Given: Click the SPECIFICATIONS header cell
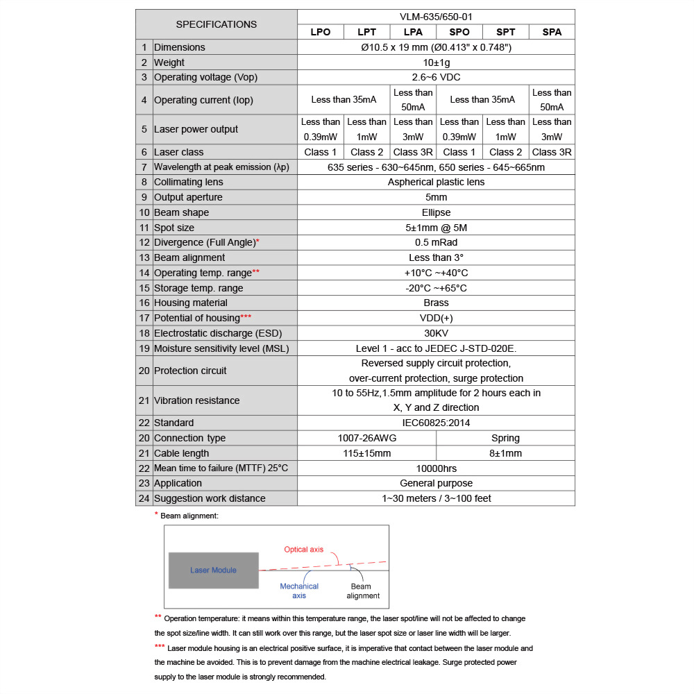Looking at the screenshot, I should pyautogui.click(x=216, y=24).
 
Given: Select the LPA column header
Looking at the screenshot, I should pyautogui.click(x=413, y=32).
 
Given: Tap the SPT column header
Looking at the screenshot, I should pyautogui.click(x=505, y=32).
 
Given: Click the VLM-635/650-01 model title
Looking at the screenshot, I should pyautogui.click(x=436, y=17).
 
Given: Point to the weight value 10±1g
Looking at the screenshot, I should pyautogui.click(x=436, y=62).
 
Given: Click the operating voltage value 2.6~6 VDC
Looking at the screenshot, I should pyautogui.click(x=436, y=77).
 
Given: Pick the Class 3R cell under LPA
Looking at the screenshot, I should pyautogui.click(x=413, y=152).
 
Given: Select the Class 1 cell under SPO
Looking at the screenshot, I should pyautogui.click(x=459, y=152).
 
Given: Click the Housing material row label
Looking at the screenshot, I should pyautogui.click(x=189, y=303).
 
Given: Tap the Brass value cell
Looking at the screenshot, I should pyautogui.click(x=436, y=303).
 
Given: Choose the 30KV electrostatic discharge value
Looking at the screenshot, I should pyautogui.click(x=436, y=333).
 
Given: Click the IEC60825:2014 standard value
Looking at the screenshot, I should pyautogui.click(x=436, y=423).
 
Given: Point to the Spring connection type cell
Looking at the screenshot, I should pyautogui.click(x=505, y=438).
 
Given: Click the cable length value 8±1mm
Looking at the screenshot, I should pyautogui.click(x=505, y=453).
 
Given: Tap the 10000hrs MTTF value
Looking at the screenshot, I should pyautogui.click(x=436, y=468).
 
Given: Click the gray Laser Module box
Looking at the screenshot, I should pyautogui.click(x=213, y=570).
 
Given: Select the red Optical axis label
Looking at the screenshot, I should pyautogui.click(x=303, y=550).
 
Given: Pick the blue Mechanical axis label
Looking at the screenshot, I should pyautogui.click(x=299, y=591).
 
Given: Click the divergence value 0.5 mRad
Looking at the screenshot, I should pyautogui.click(x=436, y=242).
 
